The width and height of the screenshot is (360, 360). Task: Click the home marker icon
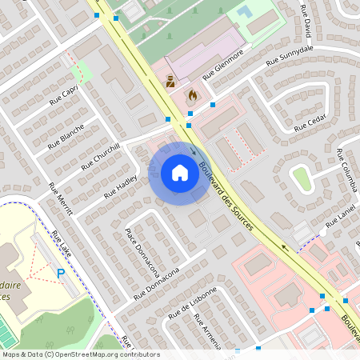point(180,172)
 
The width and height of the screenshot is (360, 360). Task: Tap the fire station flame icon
point(192,95)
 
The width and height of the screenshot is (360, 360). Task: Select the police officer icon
point(170,80)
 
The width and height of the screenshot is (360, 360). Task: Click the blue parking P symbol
point(61,274)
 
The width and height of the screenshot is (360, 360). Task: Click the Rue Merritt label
point(60,199)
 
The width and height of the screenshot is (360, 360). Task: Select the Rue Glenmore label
point(222,67)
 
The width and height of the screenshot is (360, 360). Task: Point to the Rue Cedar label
point(310,124)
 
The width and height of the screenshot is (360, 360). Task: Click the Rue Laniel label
point(340,218)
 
